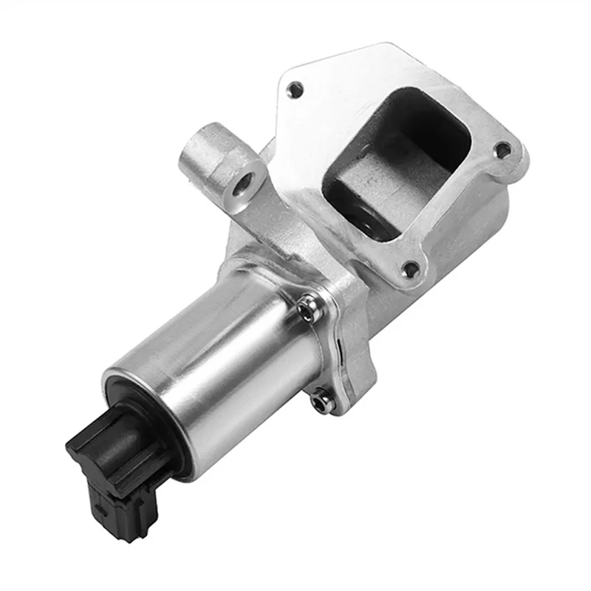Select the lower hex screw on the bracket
(320, 400)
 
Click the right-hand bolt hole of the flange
(503, 151)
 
